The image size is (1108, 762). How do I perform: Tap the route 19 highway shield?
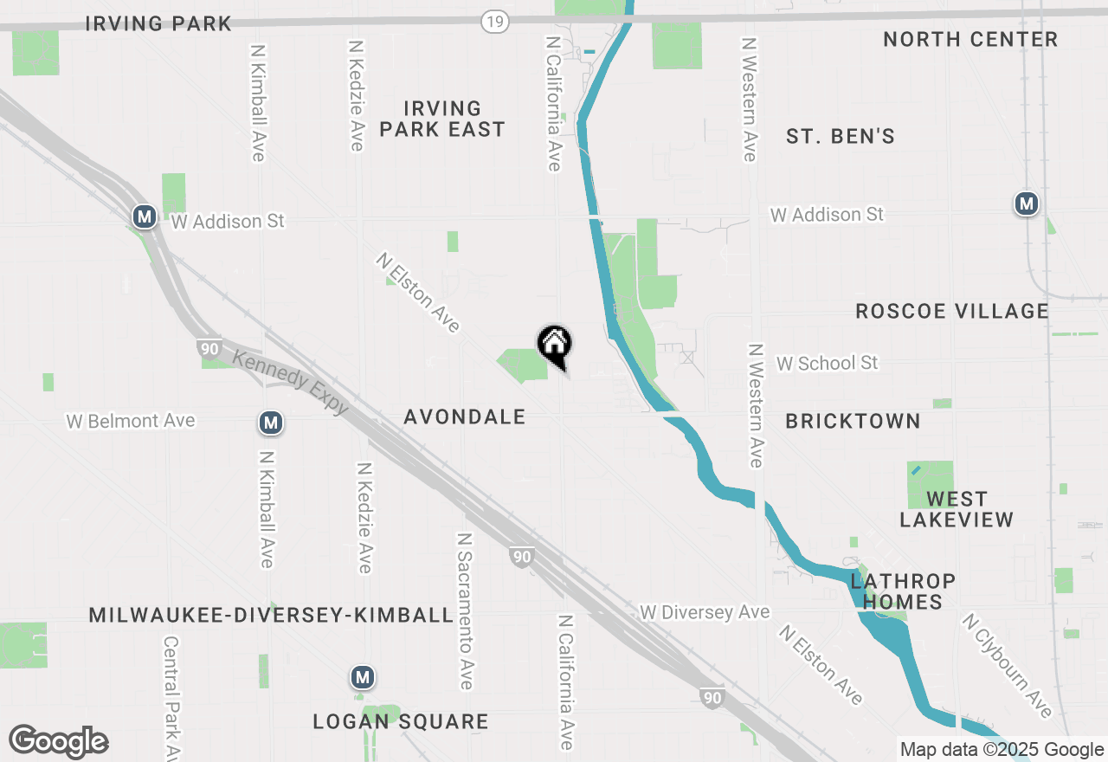coord(495,22)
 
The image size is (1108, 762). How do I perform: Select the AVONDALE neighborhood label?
coord(465,417)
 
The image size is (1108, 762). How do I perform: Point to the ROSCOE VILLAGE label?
coord(951,311)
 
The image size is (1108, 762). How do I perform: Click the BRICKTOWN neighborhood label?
coord(853,422)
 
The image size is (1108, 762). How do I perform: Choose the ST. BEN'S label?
coord(840,137)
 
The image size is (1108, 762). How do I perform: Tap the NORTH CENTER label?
coord(969,40)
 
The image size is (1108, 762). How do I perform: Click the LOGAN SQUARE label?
coord(401,722)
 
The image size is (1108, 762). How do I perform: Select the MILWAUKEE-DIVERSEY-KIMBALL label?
coord(271,616)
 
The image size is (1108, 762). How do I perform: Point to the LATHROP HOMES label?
coord(902,591)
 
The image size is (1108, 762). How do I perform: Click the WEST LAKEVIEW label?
coord(956,509)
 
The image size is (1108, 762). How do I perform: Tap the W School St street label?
coord(827,364)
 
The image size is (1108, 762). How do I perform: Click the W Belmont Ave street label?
coord(131,422)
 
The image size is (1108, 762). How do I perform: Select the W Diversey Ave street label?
coord(704,613)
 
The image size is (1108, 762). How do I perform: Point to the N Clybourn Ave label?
coord(1007,665)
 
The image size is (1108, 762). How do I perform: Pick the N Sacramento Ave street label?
coord(465,610)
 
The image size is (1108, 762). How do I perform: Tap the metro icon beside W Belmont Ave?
coord(271,423)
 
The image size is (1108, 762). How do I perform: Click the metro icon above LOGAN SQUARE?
coord(363,677)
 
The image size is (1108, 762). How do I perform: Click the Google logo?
coord(58,742)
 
